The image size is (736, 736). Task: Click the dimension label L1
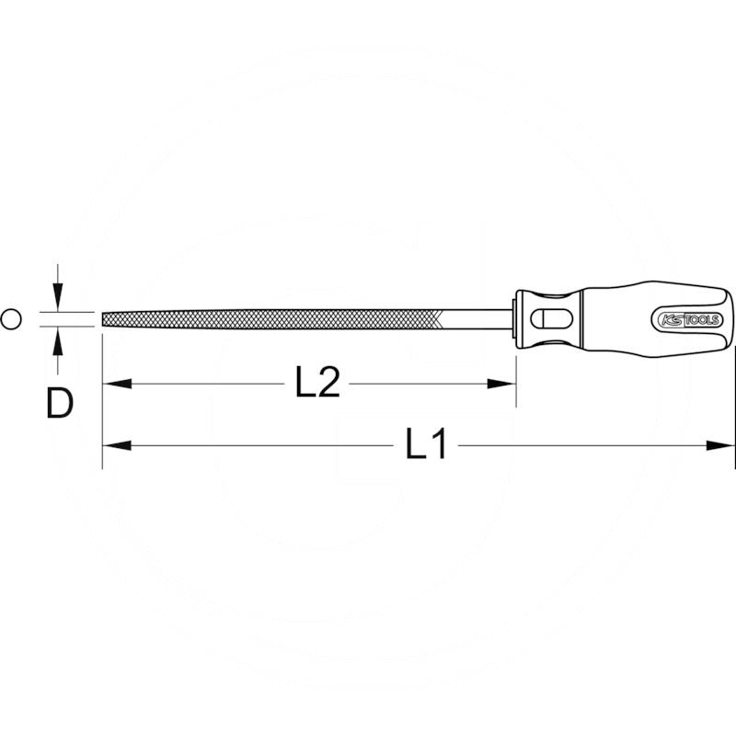tap(427, 446)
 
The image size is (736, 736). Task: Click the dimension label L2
tap(317, 383)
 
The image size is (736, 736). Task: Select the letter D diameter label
tap(59, 403)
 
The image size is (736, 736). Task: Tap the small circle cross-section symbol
tap(11, 319)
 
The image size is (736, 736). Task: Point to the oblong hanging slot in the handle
tap(551, 319)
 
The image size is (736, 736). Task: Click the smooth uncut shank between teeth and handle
tap(478, 319)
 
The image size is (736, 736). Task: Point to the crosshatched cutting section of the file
tap(276, 319)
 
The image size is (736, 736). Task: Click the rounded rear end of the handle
tap(731, 319)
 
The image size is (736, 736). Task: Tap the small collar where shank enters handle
tap(513, 319)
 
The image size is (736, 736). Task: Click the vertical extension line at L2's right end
tap(515, 368)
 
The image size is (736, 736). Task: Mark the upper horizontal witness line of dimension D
tap(69, 311)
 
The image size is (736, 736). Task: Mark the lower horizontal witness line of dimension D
tap(69, 328)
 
